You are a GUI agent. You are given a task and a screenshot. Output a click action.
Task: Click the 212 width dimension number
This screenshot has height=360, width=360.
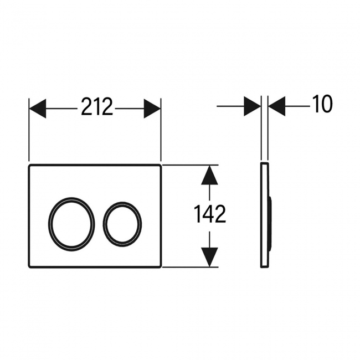(97, 106)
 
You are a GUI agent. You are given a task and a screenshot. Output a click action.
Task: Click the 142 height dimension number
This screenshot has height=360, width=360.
(210, 214)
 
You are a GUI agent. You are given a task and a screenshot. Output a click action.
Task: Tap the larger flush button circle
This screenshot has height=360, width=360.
(71, 224)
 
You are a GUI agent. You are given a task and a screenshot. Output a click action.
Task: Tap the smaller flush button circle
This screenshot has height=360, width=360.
(122, 224)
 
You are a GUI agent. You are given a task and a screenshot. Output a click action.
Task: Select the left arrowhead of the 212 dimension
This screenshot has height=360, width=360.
(38, 109)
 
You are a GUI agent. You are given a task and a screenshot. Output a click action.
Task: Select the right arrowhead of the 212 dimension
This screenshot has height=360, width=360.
(152, 109)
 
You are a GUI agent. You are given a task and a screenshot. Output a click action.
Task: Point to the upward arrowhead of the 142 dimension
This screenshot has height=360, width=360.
(209, 175)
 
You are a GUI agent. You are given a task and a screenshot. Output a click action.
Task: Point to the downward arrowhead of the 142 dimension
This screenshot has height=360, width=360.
(209, 257)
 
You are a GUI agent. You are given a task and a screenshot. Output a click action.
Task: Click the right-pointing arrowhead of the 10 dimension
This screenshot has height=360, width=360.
(252, 106)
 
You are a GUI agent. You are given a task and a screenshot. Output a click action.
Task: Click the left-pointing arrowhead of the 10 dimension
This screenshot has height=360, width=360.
(277, 106)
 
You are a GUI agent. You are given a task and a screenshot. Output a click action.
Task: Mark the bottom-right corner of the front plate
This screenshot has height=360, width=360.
(161, 267)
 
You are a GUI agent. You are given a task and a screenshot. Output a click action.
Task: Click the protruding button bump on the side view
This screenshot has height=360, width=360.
(271, 224)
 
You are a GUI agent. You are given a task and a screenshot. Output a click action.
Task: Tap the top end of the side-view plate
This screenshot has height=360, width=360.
(265, 163)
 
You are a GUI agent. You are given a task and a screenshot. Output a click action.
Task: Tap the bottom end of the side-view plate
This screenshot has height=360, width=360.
(264, 267)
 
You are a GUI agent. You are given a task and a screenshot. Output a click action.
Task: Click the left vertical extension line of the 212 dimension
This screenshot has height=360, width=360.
(29, 130)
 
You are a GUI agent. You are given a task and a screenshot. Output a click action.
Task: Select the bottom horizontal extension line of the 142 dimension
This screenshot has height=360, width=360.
(191, 267)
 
